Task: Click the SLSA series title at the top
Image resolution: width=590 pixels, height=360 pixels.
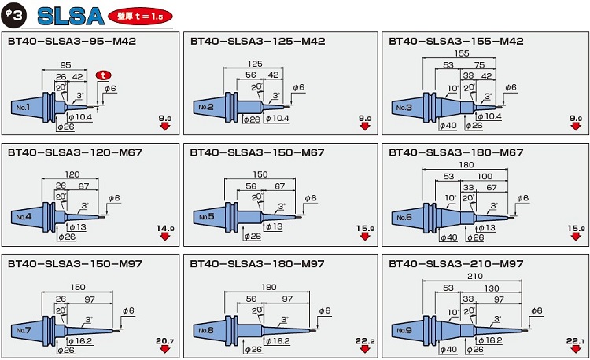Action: click(70, 15)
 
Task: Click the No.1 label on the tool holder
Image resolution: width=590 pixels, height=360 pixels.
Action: click(22, 107)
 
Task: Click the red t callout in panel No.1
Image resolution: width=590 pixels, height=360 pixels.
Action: click(104, 75)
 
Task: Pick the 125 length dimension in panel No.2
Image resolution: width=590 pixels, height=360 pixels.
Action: click(255, 64)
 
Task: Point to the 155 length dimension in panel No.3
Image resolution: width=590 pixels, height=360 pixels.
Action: click(461, 53)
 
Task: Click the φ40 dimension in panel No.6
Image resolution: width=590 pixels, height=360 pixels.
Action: click(448, 237)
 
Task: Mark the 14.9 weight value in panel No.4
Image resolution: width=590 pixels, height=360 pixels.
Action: click(164, 228)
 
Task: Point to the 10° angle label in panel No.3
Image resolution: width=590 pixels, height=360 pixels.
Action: click(454, 88)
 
